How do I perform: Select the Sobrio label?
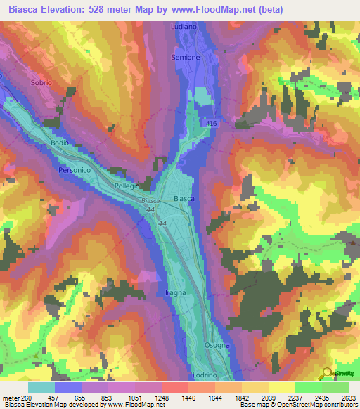point(41,83)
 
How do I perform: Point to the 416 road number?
point(212,124)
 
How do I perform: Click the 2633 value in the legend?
point(349,397)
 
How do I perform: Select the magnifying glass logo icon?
point(326,374)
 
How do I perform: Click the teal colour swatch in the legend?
point(41,387)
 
